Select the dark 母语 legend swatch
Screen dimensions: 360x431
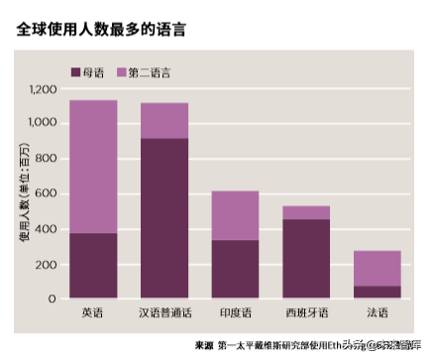click(76, 72)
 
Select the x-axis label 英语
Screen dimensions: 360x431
click(93, 313)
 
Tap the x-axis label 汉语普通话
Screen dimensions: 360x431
click(164, 313)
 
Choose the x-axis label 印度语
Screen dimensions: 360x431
click(235, 313)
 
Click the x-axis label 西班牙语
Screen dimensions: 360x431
click(306, 313)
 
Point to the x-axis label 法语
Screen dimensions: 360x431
click(377, 313)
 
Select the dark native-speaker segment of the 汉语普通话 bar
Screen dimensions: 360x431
click(164, 218)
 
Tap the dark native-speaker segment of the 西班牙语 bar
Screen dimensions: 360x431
click(306, 258)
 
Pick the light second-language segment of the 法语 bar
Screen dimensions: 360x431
click(377, 268)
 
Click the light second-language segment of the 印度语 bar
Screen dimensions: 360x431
click(235, 215)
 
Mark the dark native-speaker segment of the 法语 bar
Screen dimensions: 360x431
click(377, 292)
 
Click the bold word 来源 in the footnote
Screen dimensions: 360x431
click(204, 344)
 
